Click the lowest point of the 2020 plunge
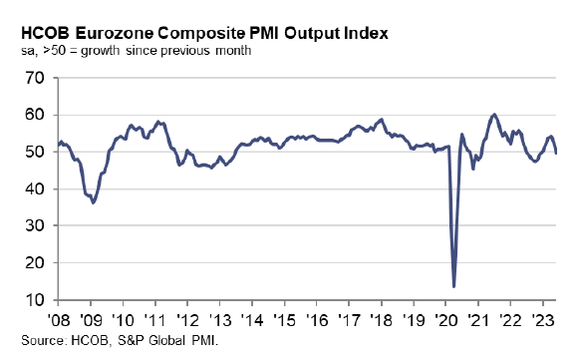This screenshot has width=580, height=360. pos(454,286)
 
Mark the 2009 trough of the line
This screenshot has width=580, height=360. pos(94,202)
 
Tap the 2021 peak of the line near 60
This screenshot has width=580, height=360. pos(494,115)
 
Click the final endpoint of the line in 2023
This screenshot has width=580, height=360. pos(556,153)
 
